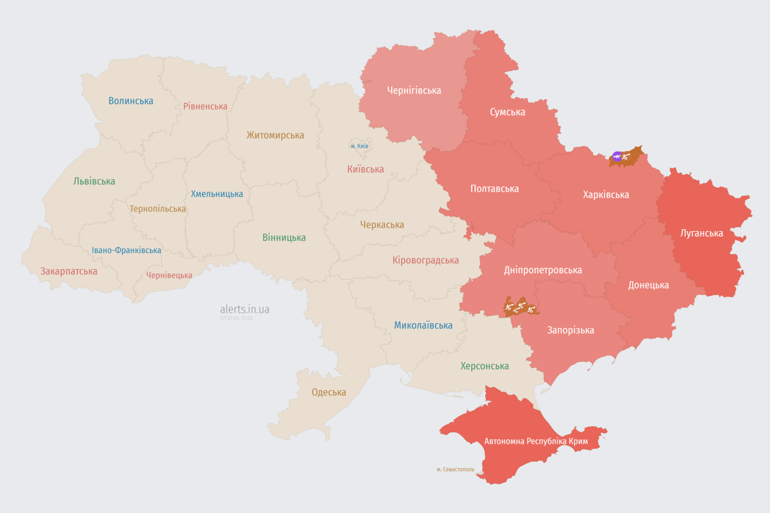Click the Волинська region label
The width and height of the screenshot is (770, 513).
pos(131,101)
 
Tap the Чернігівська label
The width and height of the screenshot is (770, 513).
pos(414,90)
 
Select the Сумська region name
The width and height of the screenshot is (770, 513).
pos(507,112)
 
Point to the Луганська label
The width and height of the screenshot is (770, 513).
pos(701,233)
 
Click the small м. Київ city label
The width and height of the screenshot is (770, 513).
pos(360,146)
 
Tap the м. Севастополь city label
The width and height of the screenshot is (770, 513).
pos(455,469)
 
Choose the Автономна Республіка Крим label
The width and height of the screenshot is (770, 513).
pos(536,442)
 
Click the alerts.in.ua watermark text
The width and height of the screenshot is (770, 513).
pos(245,309)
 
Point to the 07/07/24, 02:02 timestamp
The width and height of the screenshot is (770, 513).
pos(237,319)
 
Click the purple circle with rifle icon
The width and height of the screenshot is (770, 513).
pos(616,157)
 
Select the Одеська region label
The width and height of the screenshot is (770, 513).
pos(329,392)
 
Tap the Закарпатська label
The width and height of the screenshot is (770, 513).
pos(69,271)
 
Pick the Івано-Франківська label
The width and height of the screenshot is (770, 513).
pos(126,250)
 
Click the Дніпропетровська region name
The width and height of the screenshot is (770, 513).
pos(543,270)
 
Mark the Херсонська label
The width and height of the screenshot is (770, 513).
pos(485,366)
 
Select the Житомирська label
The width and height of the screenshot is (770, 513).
pos(275,135)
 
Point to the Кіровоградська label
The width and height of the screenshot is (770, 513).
pos(426,260)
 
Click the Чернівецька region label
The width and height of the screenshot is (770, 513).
pos(169,275)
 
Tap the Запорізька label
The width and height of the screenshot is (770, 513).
pos(571,330)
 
